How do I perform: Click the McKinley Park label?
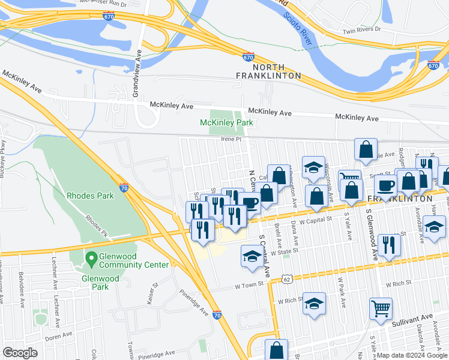pos(226,123)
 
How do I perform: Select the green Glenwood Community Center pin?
pos(91,259)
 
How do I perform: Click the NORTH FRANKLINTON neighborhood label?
pos(268,71)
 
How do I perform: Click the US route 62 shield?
pos(288,279)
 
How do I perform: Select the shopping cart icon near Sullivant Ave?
pos(381,310)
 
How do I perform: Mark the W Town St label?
pos(249,287)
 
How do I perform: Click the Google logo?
pos(20,353)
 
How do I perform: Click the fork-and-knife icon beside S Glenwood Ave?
pos(390,245)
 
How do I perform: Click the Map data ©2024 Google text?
pos(412,355)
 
